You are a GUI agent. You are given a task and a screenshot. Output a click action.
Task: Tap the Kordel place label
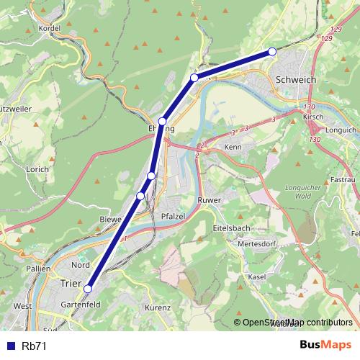(50, 28)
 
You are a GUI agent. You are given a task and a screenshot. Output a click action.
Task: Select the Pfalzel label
(174, 215)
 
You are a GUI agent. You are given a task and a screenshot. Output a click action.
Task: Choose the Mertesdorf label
(258, 245)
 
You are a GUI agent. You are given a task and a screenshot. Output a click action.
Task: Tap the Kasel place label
(256, 277)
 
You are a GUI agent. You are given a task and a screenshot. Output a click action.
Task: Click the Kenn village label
(233, 147)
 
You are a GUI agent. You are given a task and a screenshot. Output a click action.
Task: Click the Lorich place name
(35, 169)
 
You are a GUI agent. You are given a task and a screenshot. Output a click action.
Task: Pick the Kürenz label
(158, 307)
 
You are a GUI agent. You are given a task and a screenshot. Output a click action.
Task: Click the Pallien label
(39, 269)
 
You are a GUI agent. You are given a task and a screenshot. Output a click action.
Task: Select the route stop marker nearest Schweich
(272, 50)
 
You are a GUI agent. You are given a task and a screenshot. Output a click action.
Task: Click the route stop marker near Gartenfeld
(88, 289)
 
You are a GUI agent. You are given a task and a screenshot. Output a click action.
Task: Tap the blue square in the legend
(10, 346)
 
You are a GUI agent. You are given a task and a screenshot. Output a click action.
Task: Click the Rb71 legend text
(34, 346)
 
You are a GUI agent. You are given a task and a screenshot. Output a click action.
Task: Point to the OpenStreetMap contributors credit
(297, 323)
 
